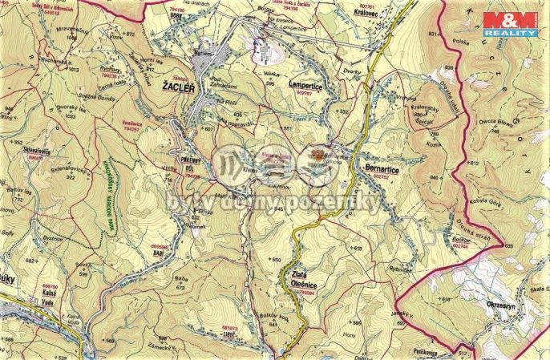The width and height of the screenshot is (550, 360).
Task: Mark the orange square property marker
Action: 317,152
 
